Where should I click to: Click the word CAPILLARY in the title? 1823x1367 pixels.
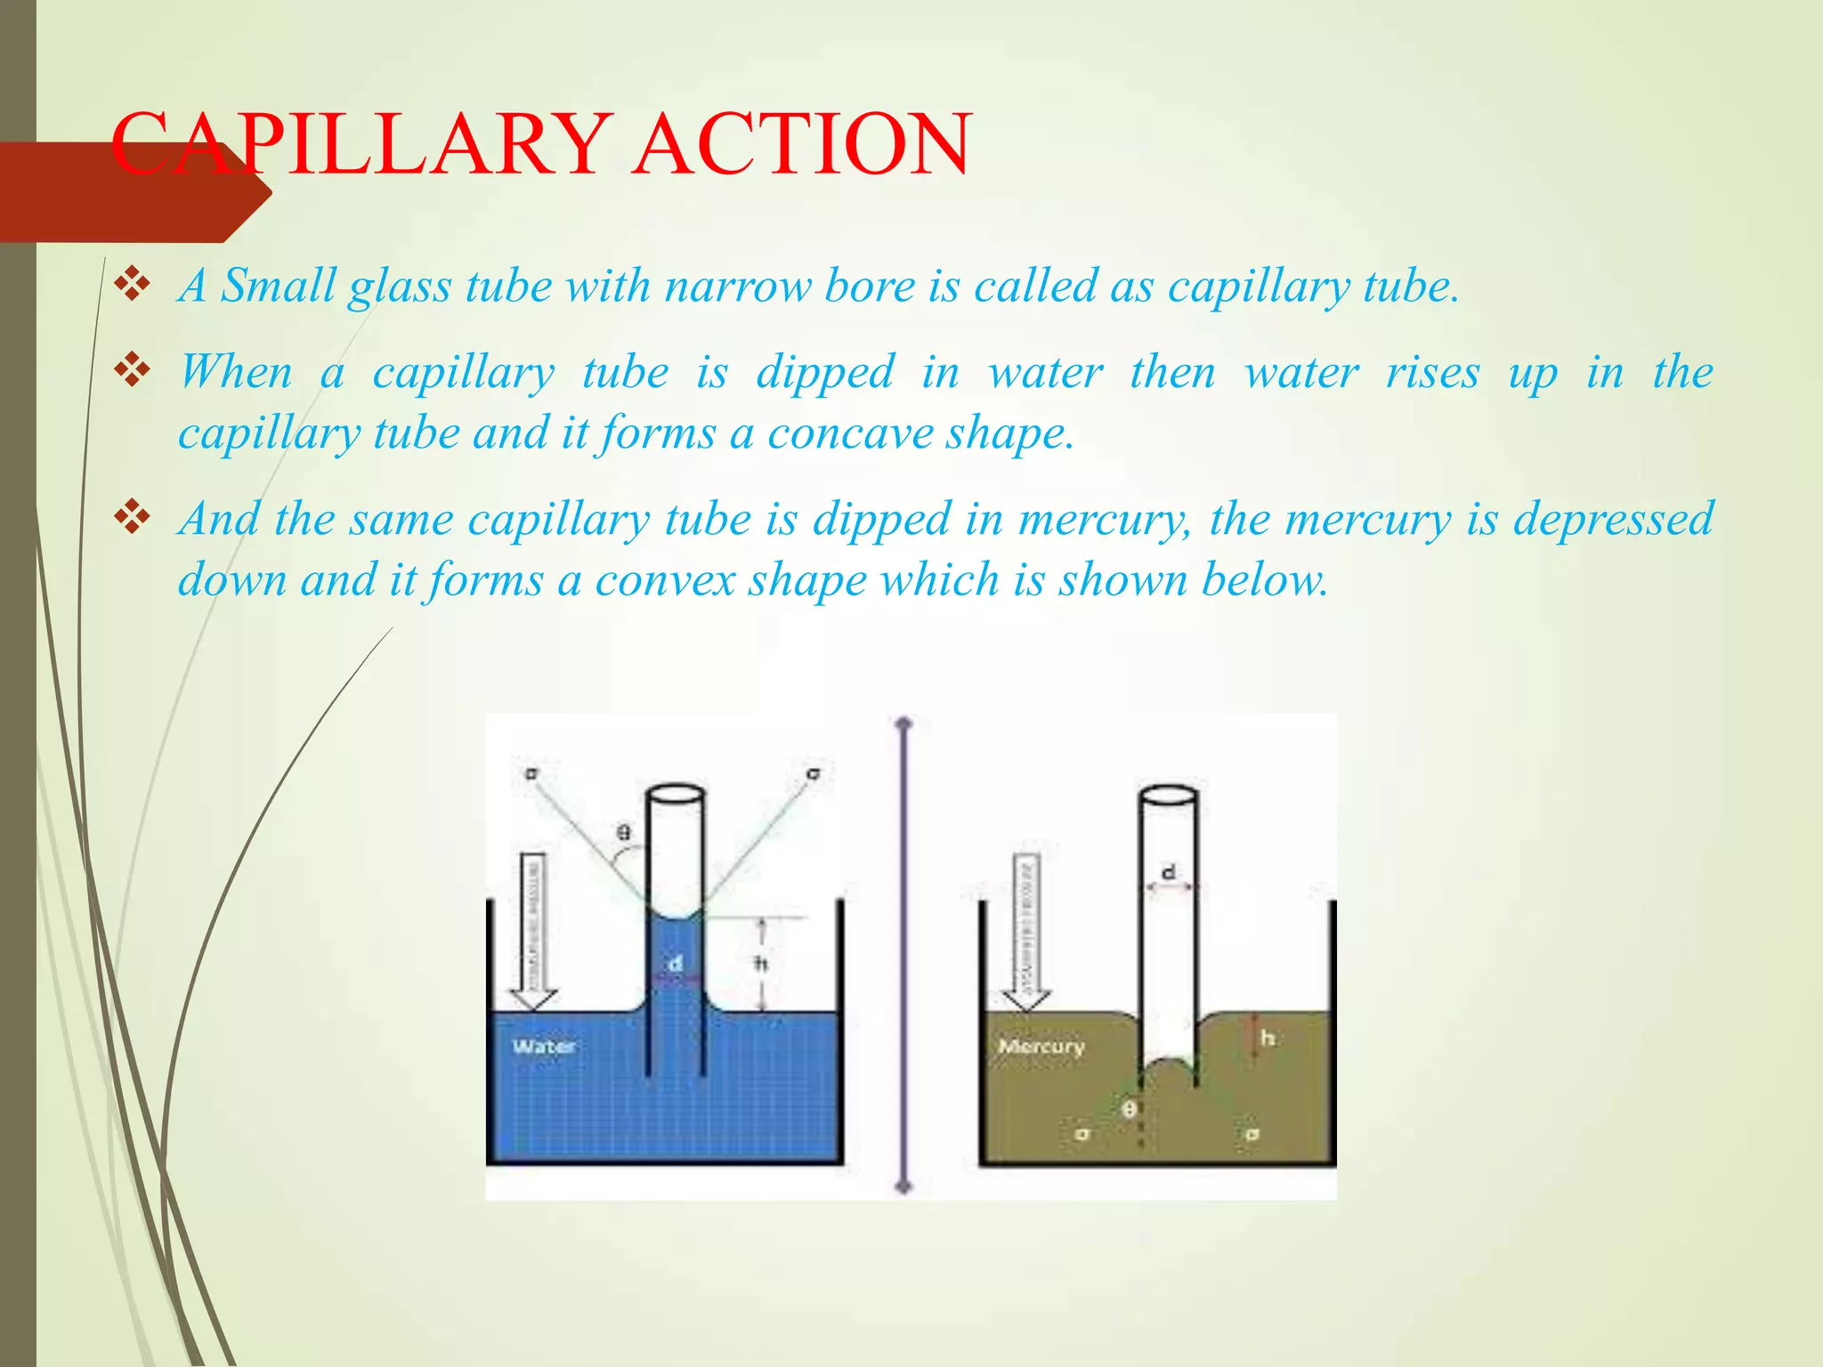click(x=356, y=144)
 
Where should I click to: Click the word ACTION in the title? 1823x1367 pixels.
click(x=801, y=144)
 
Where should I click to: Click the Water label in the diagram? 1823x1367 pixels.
click(x=543, y=1047)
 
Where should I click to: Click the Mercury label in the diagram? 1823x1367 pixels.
click(x=1041, y=1047)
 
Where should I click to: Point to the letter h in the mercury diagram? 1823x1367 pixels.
click(x=1268, y=1038)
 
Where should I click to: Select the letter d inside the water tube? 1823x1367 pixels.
click(x=676, y=963)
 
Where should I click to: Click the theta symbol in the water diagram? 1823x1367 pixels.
click(x=624, y=833)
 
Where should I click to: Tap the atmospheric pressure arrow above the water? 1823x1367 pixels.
click(x=532, y=930)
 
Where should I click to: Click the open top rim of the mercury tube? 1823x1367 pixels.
click(x=1168, y=794)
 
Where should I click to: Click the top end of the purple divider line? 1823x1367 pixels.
click(x=904, y=724)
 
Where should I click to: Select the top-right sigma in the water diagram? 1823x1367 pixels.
click(x=813, y=773)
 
